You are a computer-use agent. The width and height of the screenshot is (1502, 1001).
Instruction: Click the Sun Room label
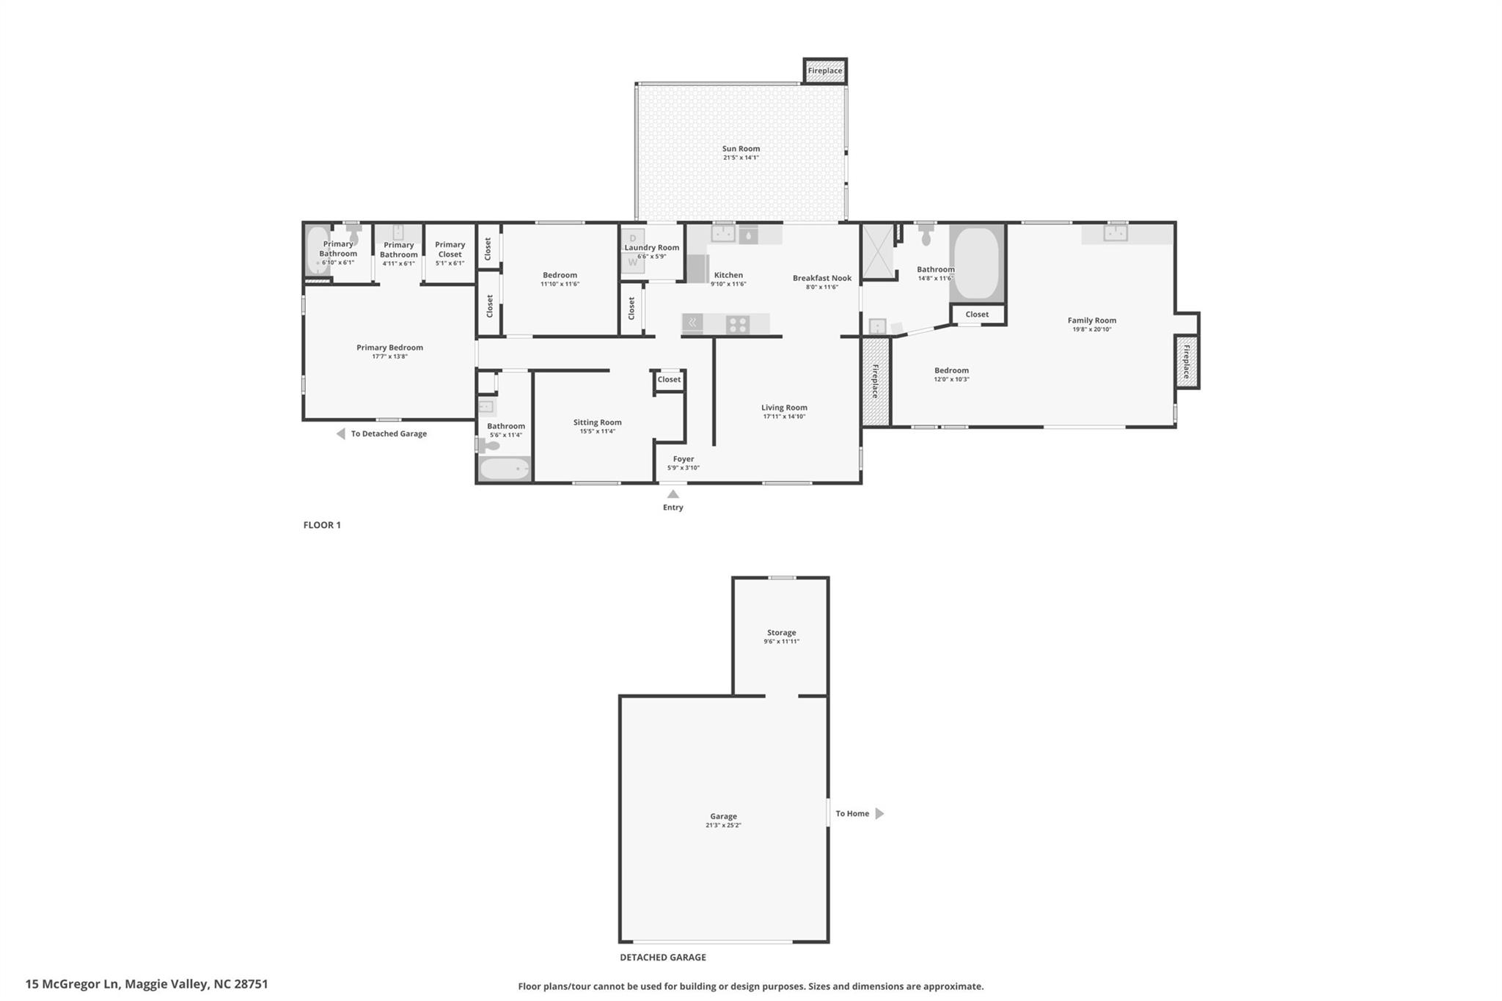pyautogui.click(x=741, y=149)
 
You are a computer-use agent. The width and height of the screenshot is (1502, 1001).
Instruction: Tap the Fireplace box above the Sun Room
pyautogui.click(x=825, y=71)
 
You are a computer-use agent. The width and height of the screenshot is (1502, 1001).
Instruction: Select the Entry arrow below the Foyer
pyautogui.click(x=673, y=494)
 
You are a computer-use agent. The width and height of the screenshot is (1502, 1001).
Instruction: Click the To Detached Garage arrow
pyautogui.click(x=341, y=434)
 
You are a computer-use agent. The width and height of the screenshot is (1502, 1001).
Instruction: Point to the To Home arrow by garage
pyautogui.click(x=879, y=813)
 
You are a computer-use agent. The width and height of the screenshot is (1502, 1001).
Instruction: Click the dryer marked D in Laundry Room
pyautogui.click(x=633, y=239)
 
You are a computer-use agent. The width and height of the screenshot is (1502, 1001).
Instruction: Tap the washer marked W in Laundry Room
pyautogui.click(x=633, y=263)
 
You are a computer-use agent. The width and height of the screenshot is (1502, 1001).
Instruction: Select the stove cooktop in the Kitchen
pyautogui.click(x=737, y=324)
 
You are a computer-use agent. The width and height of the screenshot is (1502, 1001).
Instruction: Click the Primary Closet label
pyautogui.click(x=450, y=249)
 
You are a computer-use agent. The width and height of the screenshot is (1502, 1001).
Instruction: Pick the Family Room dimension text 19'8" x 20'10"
pyautogui.click(x=1091, y=330)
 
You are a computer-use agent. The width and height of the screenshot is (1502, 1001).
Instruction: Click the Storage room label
pyautogui.click(x=781, y=632)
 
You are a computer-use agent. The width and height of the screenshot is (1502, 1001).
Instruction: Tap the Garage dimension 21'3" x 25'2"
pyautogui.click(x=723, y=826)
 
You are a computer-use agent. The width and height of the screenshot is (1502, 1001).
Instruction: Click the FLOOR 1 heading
pyautogui.click(x=322, y=525)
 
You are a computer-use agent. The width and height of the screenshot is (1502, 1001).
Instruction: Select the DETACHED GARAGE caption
pyautogui.click(x=662, y=957)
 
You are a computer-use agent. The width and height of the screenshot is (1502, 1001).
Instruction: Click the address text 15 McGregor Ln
pyautogui.click(x=72, y=984)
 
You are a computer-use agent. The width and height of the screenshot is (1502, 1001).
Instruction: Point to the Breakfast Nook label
pyautogui.click(x=821, y=278)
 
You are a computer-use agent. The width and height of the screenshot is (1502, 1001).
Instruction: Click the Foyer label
pyautogui.click(x=683, y=459)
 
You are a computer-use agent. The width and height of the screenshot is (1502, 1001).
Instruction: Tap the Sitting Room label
pyautogui.click(x=597, y=422)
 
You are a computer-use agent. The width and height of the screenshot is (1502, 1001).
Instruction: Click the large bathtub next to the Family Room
pyautogui.click(x=977, y=263)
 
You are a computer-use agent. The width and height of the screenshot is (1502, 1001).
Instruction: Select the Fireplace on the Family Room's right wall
pyautogui.click(x=1186, y=361)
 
